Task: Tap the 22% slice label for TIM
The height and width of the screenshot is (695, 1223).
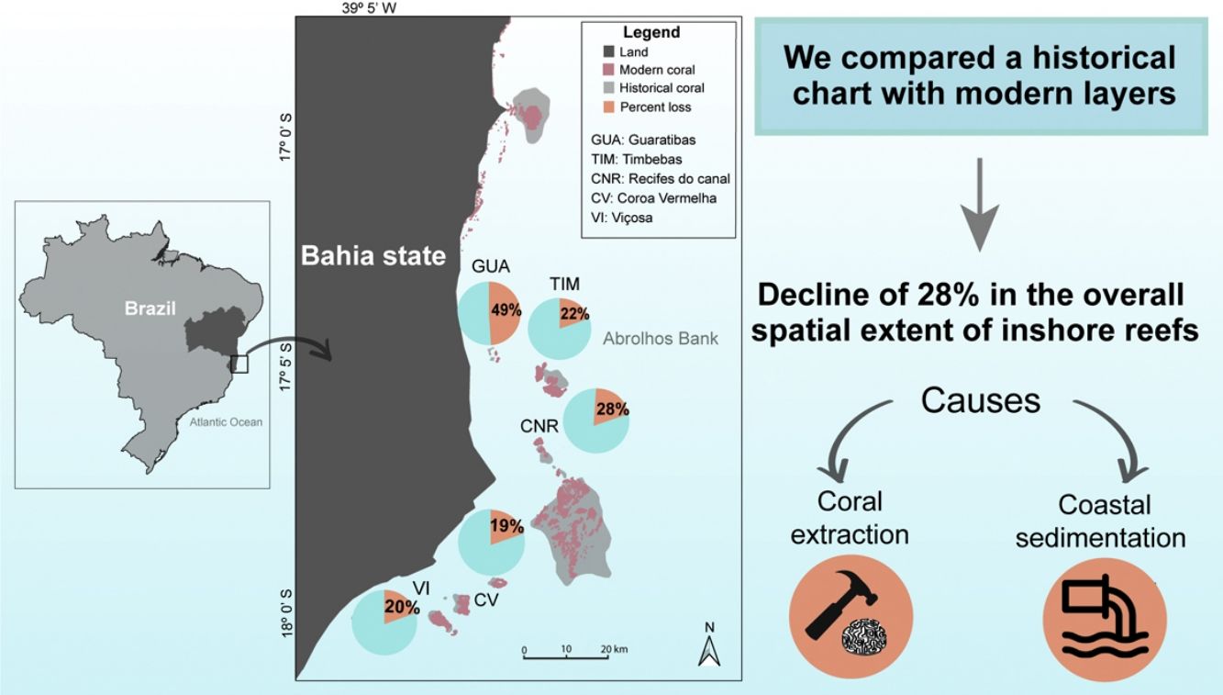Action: (x=573, y=314)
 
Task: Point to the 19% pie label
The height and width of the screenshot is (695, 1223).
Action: (x=506, y=526)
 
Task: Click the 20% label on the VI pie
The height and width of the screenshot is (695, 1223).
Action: (x=402, y=606)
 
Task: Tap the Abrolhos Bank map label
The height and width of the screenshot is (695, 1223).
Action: (x=661, y=339)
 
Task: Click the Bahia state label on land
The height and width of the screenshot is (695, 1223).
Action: (x=372, y=255)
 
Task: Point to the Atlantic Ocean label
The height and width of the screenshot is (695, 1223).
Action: (x=226, y=422)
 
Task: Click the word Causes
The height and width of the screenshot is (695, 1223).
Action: (x=981, y=400)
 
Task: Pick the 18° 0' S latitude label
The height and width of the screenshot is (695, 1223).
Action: (x=285, y=614)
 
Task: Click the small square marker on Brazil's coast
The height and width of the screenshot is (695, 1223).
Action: (x=239, y=364)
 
